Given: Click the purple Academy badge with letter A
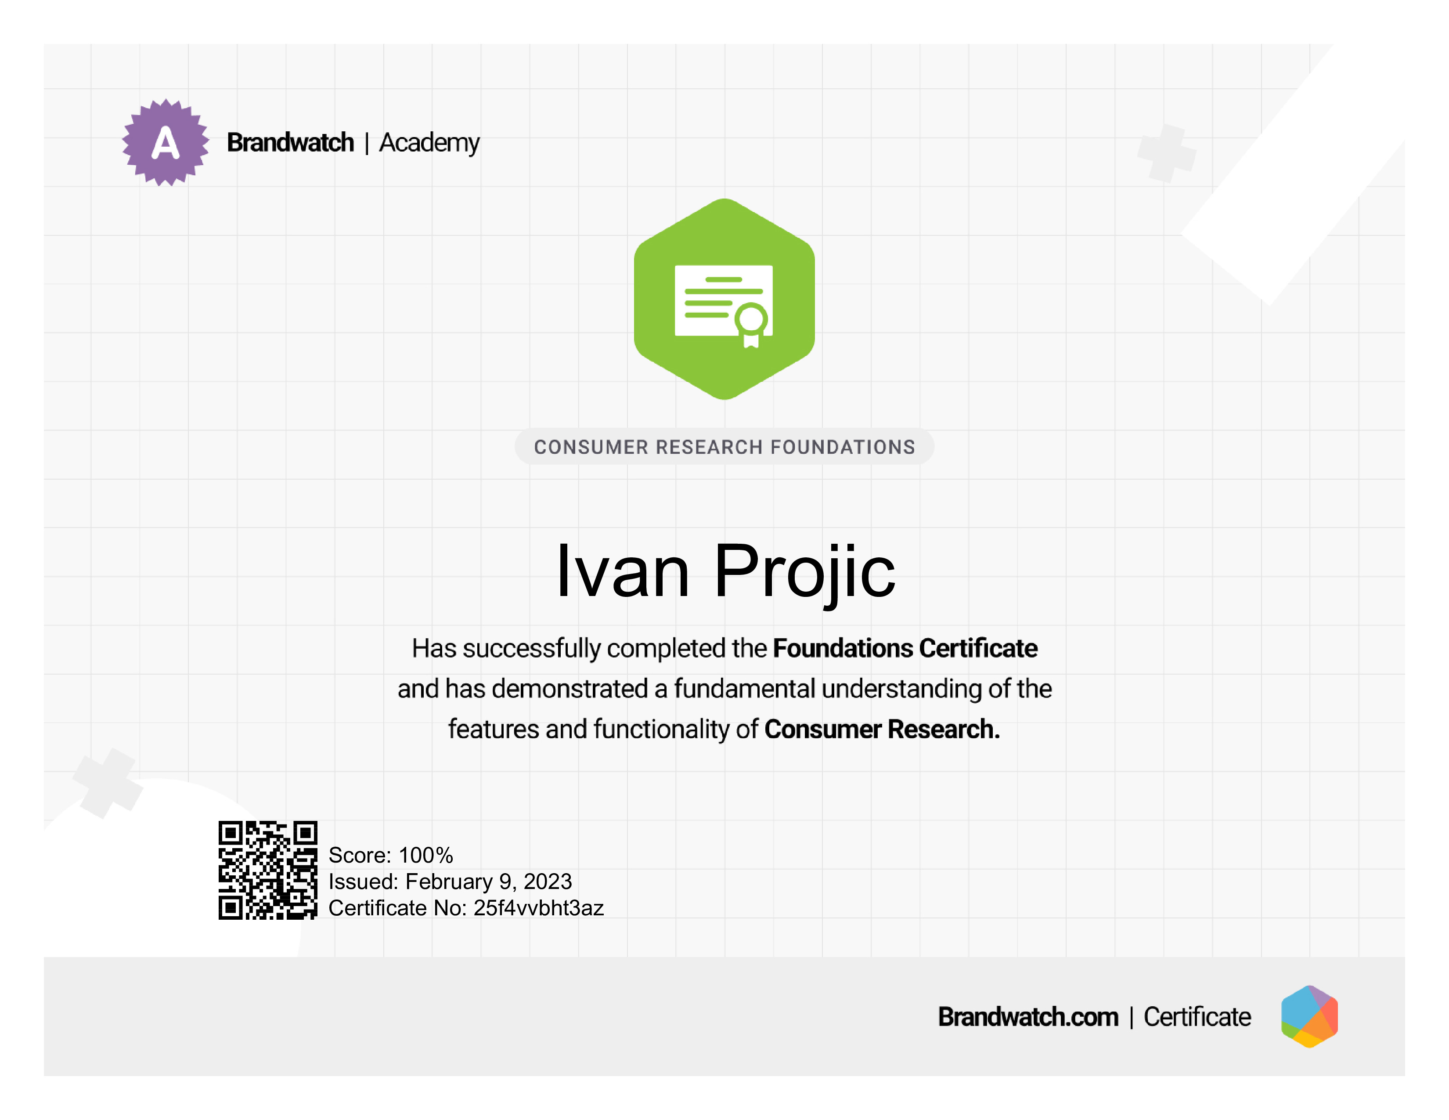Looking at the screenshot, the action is tap(165, 143).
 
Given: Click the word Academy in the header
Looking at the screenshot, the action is tap(429, 143).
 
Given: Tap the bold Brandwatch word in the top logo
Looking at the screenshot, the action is tap(291, 143).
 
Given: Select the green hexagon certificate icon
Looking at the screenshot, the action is tap(724, 299).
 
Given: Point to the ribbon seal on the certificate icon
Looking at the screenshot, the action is tap(751, 325).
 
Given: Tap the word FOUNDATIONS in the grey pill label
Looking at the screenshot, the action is tap(843, 447).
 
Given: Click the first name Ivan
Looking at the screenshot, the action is tap(622, 571).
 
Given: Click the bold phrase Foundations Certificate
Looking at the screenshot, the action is tap(905, 648).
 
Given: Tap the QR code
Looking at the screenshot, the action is tap(268, 870).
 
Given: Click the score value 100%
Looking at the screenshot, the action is tap(426, 855).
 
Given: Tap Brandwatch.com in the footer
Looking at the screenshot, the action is tap(1028, 1016).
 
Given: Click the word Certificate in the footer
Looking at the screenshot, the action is tap(1197, 1016).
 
